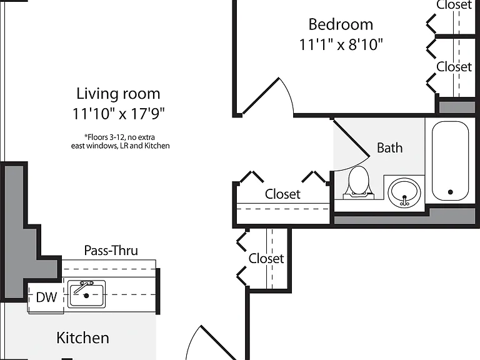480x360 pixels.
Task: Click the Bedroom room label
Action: (341, 24)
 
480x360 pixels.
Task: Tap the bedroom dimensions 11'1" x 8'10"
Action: (341, 45)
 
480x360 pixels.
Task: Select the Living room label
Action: (118, 94)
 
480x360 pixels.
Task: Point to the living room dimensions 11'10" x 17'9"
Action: (118, 114)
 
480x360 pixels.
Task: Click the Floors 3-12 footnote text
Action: (120, 141)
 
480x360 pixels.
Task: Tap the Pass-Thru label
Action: (111, 251)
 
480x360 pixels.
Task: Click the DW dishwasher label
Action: (46, 297)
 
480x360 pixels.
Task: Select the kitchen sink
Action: (86, 294)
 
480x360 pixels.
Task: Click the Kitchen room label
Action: (82, 338)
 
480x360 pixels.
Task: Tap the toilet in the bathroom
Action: (359, 182)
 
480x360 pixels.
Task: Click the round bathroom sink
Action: (404, 192)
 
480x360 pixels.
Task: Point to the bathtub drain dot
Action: (450, 192)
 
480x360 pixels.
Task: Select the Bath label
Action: (390, 148)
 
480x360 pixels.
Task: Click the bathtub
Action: (450, 161)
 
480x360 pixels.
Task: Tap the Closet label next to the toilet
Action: (282, 194)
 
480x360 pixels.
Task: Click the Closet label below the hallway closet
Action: (266, 259)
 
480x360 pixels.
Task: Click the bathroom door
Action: (351, 137)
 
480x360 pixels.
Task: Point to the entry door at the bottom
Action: (219, 343)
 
